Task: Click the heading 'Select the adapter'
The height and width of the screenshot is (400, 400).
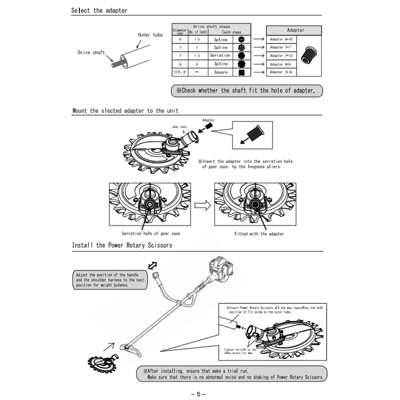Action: tap(99, 10)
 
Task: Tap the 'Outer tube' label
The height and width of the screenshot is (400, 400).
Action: tap(149, 35)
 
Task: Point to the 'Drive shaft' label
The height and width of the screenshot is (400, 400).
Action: tap(91, 52)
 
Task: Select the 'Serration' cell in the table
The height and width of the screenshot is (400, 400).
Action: tap(220, 55)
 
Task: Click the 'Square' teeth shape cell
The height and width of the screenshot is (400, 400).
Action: tap(220, 72)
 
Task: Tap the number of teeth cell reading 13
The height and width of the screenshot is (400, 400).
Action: tap(197, 55)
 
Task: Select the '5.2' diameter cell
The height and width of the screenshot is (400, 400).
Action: tap(179, 72)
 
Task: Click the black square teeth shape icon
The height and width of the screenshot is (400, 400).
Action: tap(241, 72)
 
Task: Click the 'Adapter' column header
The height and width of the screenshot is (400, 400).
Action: tap(295, 30)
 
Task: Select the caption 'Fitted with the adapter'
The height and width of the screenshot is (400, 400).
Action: tap(259, 233)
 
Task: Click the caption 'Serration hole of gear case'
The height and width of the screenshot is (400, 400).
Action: tap(151, 233)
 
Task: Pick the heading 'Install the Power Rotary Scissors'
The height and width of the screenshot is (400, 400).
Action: tap(122, 245)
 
